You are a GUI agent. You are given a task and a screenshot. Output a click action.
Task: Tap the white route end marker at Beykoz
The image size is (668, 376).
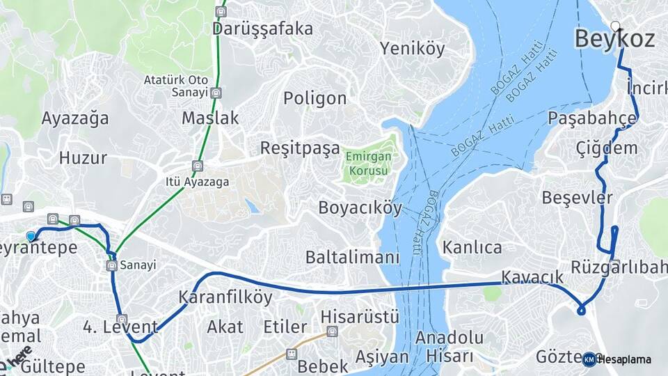click(615, 26)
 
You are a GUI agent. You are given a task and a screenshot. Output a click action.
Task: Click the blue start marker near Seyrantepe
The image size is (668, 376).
click(31, 237)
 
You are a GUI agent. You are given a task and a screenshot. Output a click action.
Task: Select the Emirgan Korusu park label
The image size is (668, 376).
click(368, 163)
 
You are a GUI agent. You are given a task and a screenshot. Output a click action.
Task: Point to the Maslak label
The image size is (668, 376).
click(210, 118)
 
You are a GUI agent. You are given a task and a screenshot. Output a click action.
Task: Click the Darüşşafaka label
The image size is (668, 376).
click(262, 29)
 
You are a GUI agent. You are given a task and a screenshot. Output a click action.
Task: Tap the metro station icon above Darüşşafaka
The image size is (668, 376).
click(221, 11)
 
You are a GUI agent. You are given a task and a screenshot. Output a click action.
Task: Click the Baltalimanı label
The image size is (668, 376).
click(353, 257)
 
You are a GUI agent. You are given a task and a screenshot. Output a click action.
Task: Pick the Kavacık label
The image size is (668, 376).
click(532, 277)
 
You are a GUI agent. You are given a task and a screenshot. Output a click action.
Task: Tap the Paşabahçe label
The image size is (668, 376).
click(592, 118)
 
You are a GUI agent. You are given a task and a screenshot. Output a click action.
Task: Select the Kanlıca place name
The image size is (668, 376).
click(472, 247)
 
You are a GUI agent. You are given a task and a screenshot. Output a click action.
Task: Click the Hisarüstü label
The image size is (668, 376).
click(360, 316)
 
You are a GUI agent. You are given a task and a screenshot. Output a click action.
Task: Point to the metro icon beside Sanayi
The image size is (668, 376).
click(111, 265)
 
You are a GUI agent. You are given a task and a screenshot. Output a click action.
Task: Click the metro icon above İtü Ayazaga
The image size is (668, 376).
click(199, 167)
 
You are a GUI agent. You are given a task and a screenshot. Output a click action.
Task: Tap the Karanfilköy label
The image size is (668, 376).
click(225, 297)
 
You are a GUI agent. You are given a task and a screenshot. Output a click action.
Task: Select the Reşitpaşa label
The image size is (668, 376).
click(300, 148)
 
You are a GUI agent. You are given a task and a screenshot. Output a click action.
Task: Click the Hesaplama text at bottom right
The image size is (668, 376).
click(624, 359)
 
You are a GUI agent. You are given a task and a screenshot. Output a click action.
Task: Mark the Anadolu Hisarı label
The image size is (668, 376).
click(449, 347)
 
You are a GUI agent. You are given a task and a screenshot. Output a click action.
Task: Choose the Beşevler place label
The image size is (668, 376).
click(577, 198)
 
